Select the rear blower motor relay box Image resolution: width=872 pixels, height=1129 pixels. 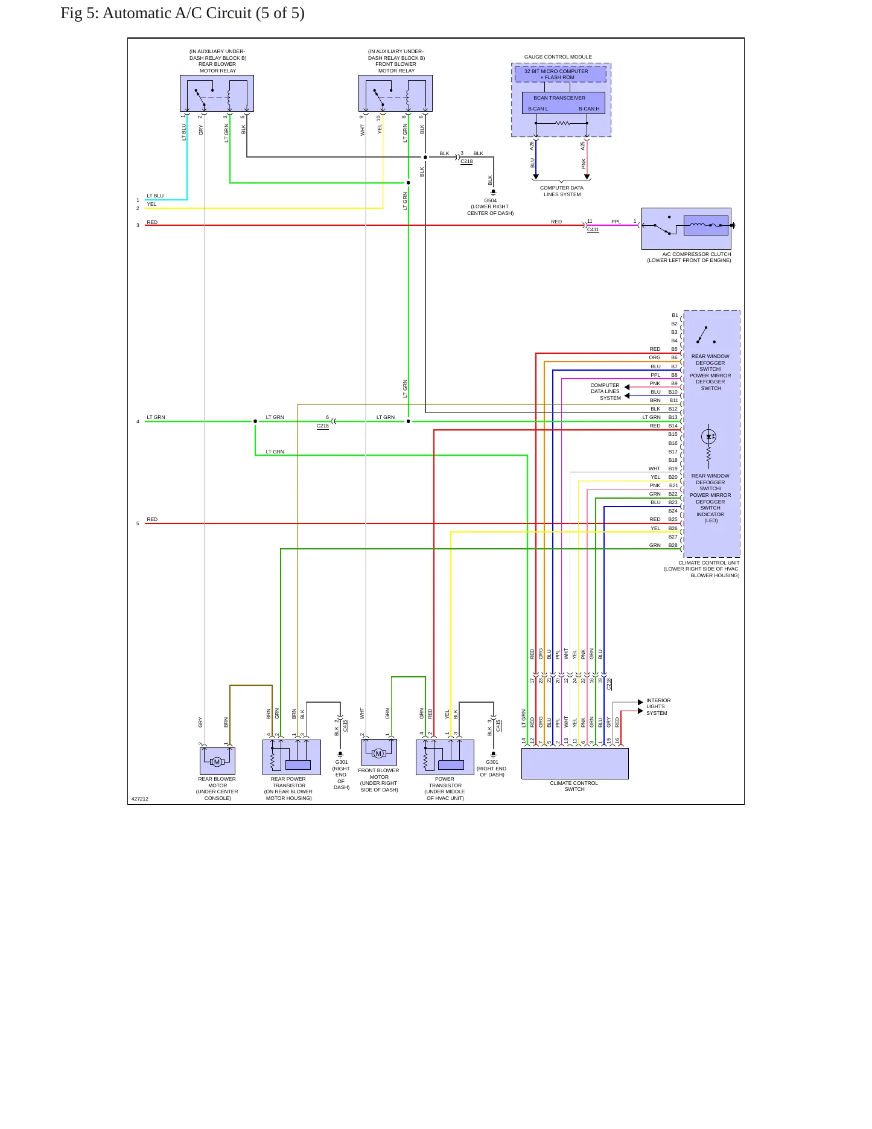coord(217,93)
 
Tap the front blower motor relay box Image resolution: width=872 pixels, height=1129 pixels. coord(395,93)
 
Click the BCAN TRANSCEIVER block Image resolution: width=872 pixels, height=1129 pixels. coord(563,103)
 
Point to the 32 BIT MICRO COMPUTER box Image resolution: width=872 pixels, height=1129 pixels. coord(560,74)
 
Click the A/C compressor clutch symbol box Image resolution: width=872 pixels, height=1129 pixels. coord(686,229)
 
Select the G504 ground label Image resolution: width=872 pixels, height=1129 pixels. coord(490,200)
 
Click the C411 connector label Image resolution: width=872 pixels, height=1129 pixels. coord(593,230)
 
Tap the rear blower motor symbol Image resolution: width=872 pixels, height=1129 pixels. coord(217,761)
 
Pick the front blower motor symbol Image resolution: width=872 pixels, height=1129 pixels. coord(379,753)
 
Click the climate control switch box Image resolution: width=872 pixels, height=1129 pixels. coord(574,764)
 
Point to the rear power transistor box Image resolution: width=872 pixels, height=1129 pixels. coord(291,757)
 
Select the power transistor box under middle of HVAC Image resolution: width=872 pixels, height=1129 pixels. coord(445,757)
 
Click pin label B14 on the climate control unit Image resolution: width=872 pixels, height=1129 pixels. coord(673,426)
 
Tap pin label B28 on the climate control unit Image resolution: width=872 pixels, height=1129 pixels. coord(673,546)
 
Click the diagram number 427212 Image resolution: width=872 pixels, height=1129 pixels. coord(140,799)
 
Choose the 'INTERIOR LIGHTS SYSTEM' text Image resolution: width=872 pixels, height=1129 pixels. coord(658,707)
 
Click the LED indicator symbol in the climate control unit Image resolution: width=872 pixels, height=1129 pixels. coord(708,437)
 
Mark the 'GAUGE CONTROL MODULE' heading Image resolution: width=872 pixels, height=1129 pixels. coord(558,57)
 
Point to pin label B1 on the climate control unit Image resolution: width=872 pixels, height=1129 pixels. coord(675,316)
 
